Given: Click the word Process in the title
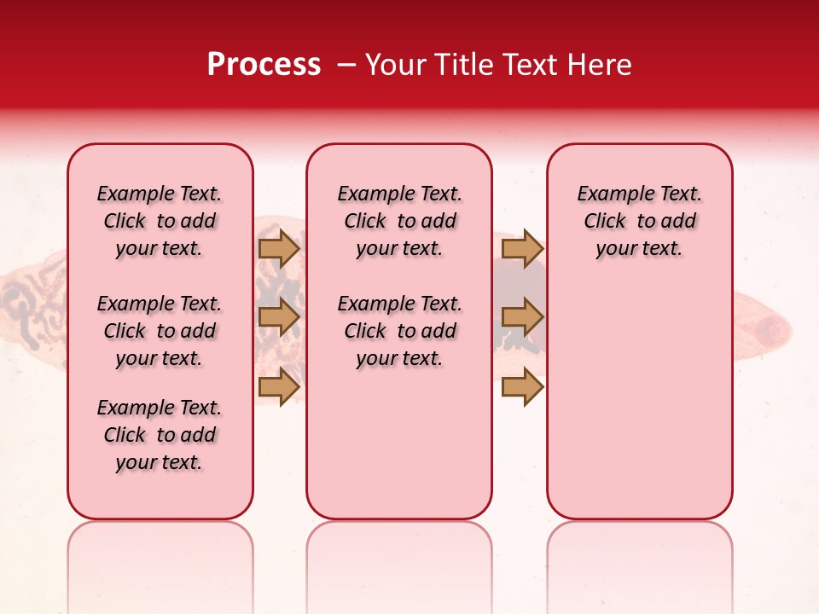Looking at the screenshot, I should coord(264,65).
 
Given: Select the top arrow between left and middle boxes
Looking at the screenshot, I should coord(279,248).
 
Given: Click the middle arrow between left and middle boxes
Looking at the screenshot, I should coord(279,317).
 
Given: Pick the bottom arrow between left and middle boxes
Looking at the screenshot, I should coord(279,386).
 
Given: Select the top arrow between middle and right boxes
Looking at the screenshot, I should coord(522,248).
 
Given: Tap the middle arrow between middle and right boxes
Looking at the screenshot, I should coord(522,317).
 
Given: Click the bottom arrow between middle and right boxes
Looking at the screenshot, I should coord(522,386).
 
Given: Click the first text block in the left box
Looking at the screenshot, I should coord(160,221).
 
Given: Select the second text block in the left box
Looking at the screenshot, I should coord(160,331).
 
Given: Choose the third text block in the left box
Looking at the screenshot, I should coord(160,435).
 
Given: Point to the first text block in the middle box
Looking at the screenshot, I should coord(400,221).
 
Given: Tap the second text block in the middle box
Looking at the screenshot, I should coord(400,331).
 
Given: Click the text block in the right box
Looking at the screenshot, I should coord(640,221).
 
